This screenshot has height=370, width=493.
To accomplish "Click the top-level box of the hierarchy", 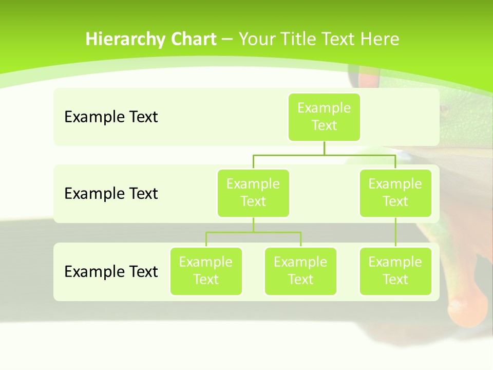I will [x=324, y=117].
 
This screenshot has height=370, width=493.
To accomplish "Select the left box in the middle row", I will [x=253, y=193].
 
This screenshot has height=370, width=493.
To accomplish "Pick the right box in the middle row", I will [x=395, y=193].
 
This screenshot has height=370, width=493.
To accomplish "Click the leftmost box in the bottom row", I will [x=206, y=271].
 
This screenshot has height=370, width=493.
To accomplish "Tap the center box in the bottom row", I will [x=300, y=271].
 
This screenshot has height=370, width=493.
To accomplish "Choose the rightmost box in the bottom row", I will [x=395, y=271].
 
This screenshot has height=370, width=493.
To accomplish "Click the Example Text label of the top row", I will [x=111, y=117].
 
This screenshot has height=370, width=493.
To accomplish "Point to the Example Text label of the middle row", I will [x=111, y=193].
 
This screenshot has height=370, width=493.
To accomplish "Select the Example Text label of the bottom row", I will [x=111, y=271].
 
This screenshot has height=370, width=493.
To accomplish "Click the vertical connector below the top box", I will [x=324, y=148].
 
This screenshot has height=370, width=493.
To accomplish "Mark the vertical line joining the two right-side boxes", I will [x=395, y=232].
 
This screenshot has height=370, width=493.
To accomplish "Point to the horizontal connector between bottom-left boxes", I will [x=253, y=232].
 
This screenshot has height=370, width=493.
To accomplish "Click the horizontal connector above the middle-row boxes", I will [x=324, y=155].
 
